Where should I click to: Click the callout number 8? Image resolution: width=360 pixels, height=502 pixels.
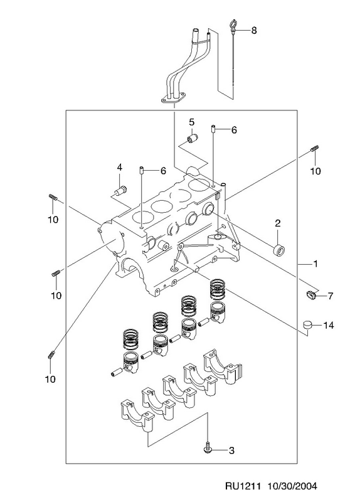click(x=254, y=30)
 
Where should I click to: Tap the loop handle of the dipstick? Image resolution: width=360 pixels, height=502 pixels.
click(x=232, y=25)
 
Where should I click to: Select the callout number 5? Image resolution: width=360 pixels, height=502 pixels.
click(x=191, y=122)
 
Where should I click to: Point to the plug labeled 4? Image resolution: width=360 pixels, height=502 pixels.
click(x=120, y=190)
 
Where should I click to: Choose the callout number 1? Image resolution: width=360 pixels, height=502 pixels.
click(x=315, y=264)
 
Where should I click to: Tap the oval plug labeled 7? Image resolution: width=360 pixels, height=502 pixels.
click(x=311, y=295)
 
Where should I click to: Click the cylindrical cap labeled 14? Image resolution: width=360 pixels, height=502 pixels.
click(x=308, y=325)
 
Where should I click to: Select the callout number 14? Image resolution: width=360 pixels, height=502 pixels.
click(x=328, y=326)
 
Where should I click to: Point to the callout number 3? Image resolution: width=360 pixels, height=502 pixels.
click(x=231, y=451)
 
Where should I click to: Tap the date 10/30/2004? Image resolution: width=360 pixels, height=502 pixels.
click(x=292, y=486)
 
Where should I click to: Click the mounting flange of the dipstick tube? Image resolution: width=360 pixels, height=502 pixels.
click(x=174, y=98)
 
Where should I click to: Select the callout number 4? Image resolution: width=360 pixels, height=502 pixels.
click(x=119, y=167)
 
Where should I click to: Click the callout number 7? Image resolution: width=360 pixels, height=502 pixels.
click(x=331, y=296)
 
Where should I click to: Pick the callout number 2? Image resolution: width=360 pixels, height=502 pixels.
click(x=277, y=223)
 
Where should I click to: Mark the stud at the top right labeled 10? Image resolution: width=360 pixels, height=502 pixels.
click(x=315, y=149)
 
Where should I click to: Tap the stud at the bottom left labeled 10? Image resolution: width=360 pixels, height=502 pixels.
click(x=51, y=355)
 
